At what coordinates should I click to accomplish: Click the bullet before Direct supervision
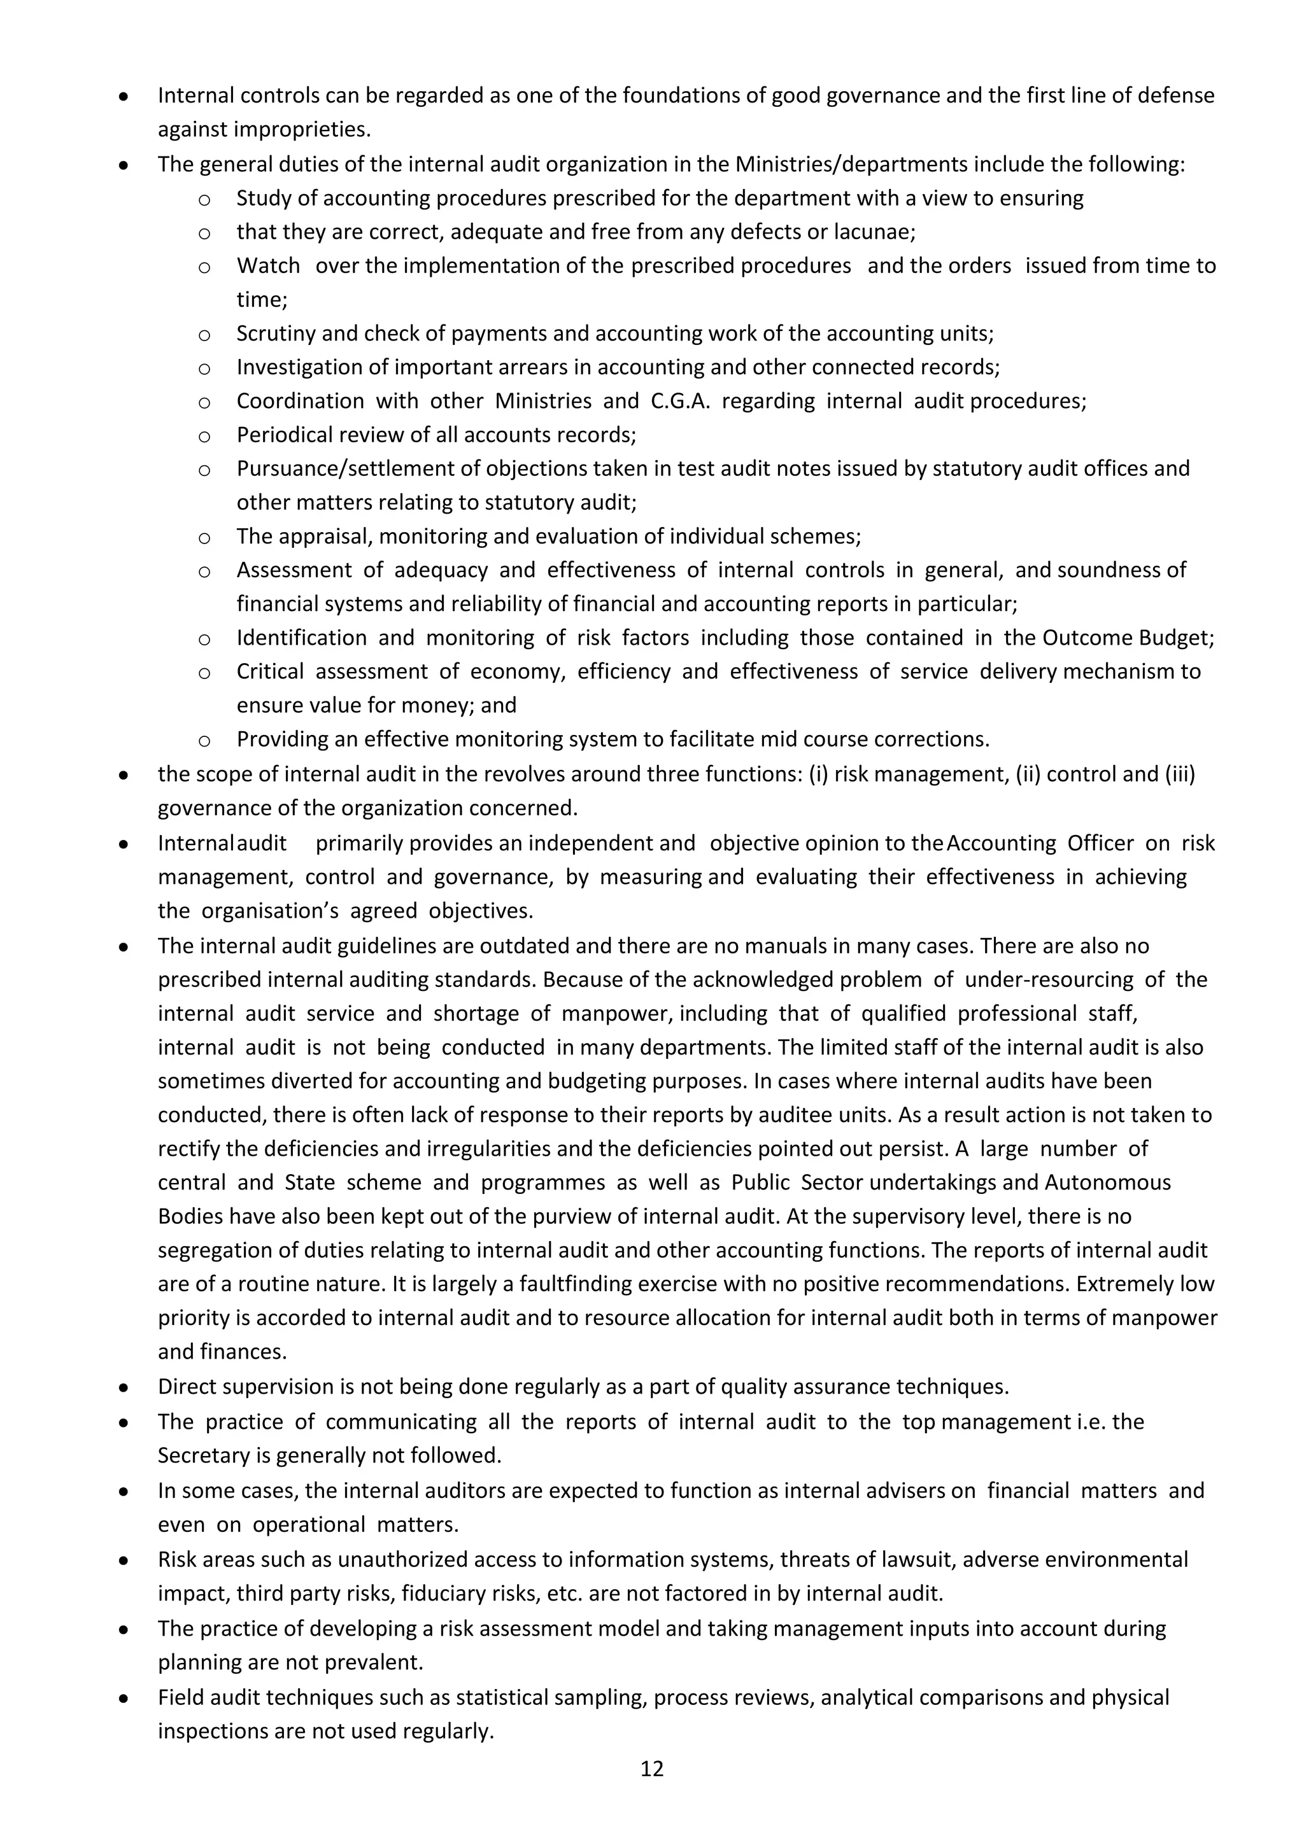pyautogui.click(x=124, y=1387)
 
